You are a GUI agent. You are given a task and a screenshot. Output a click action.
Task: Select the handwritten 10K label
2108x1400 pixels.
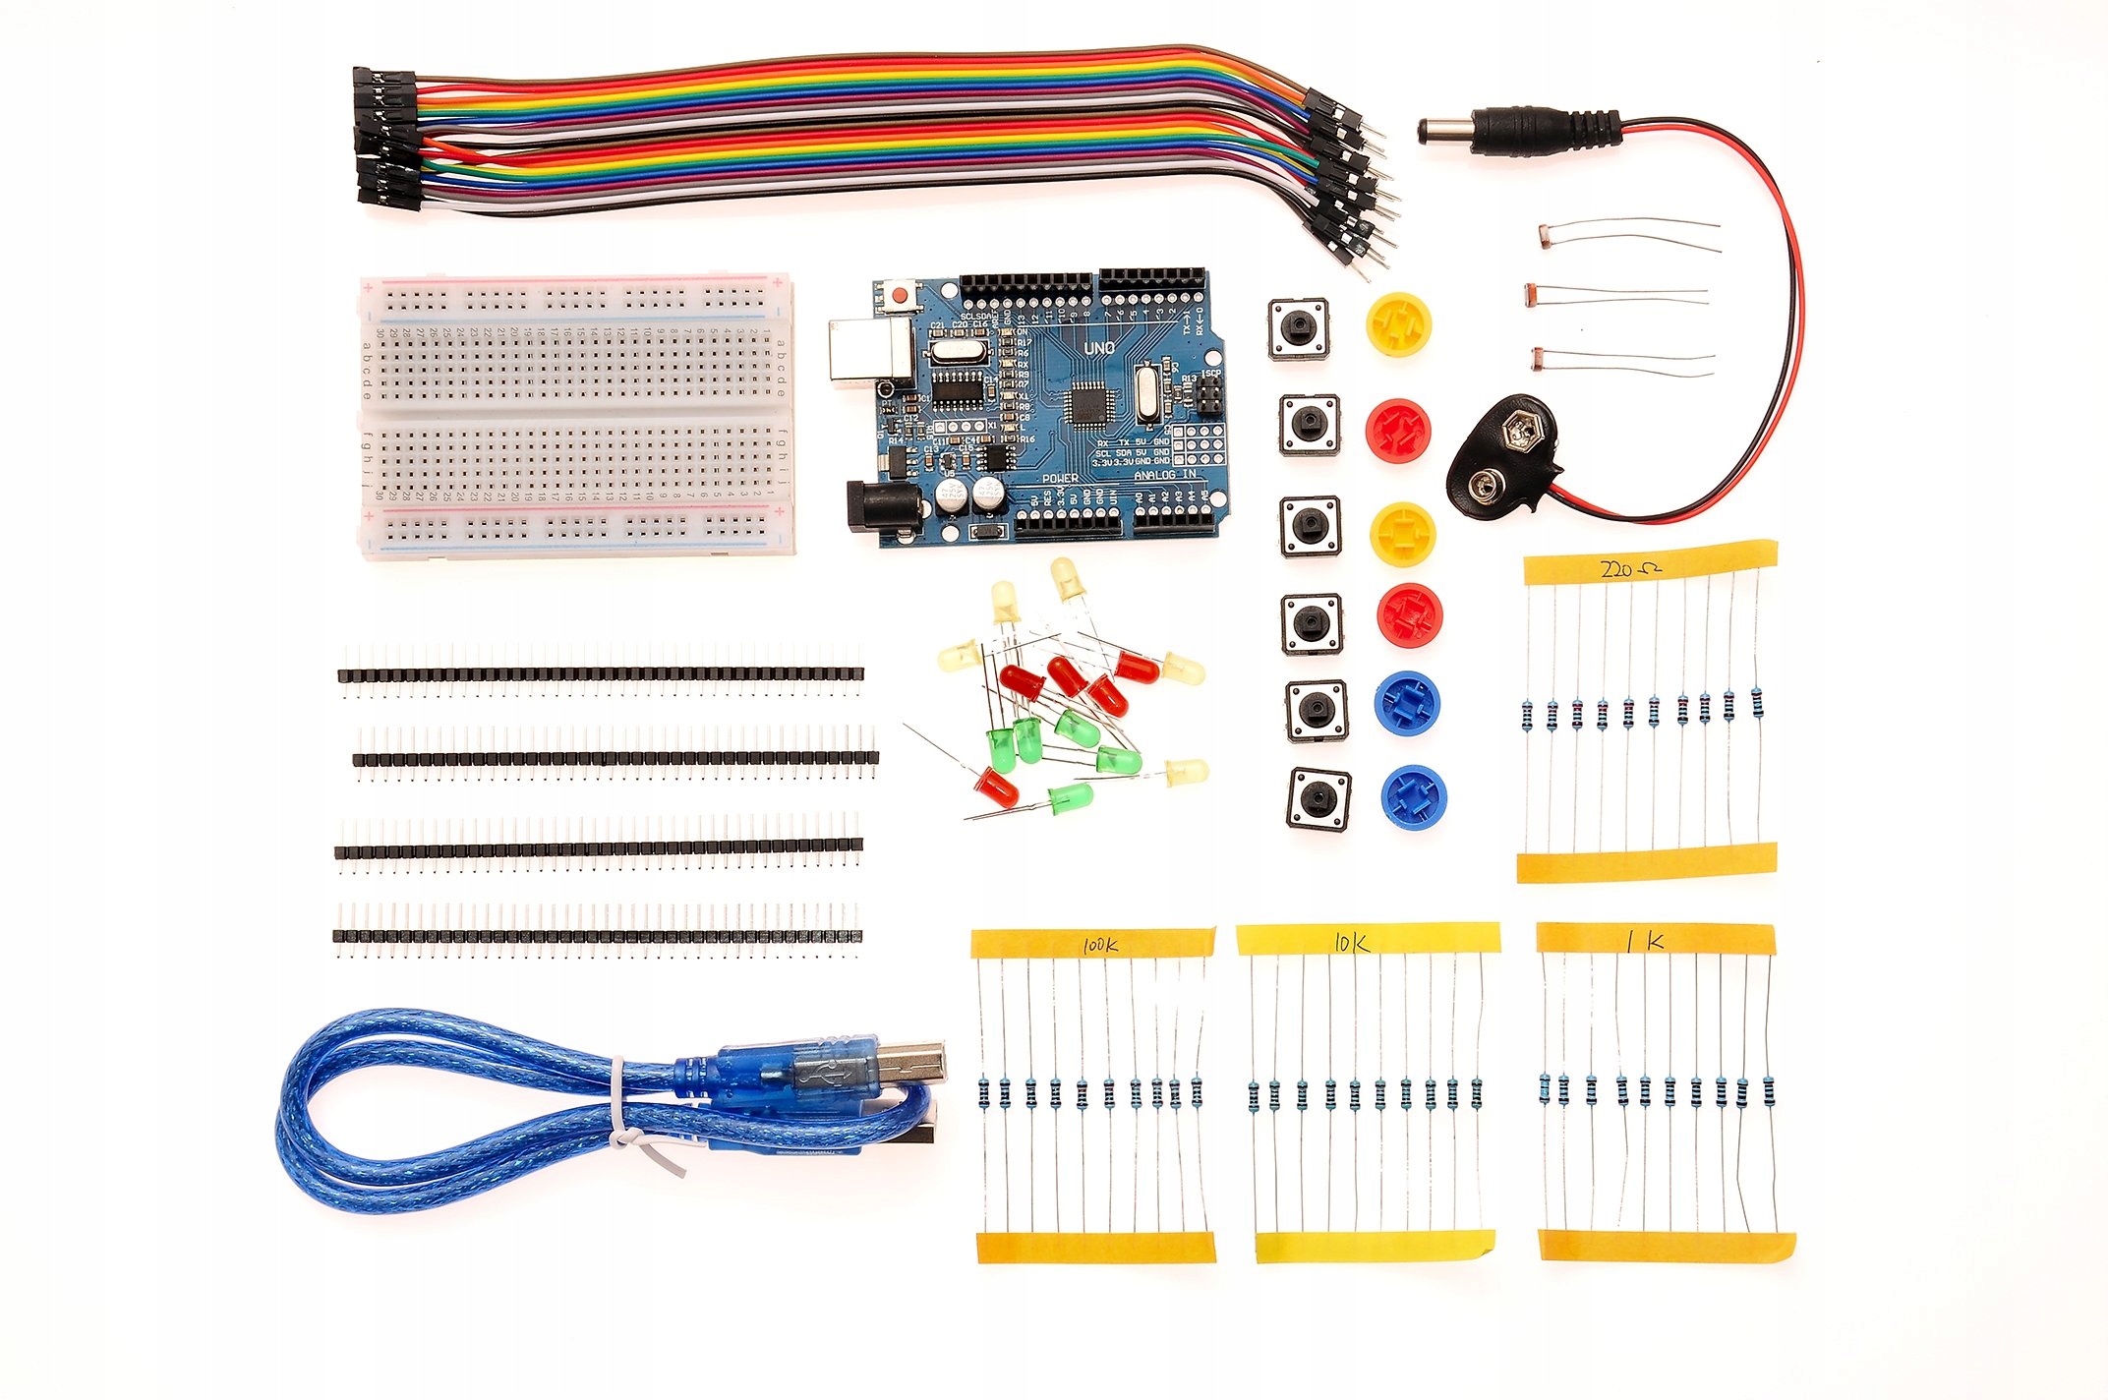pyautogui.click(x=1351, y=943)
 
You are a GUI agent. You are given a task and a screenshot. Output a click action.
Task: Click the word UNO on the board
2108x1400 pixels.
pyautogui.click(x=1098, y=348)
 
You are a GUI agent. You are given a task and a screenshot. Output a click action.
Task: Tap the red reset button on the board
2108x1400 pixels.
pyautogui.click(x=899, y=293)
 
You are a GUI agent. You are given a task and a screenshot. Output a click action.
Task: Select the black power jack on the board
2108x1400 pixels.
pyautogui.click(x=880, y=505)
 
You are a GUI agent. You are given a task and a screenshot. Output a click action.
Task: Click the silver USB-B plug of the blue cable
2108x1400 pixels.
pyautogui.click(x=909, y=1064)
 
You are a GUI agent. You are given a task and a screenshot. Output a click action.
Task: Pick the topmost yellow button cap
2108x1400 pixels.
pyautogui.click(x=1398, y=323)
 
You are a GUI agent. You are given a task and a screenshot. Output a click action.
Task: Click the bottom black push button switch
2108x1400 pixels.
pyautogui.click(x=1317, y=797)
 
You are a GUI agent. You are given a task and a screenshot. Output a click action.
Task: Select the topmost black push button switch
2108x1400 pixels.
pyautogui.click(x=1299, y=328)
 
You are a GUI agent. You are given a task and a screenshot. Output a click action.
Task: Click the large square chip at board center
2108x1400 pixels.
pyautogui.click(x=1089, y=404)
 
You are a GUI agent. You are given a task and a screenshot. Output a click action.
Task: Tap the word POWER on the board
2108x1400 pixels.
pyautogui.click(x=1059, y=479)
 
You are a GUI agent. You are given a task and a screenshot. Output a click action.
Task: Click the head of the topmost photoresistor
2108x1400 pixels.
pyautogui.click(x=1547, y=235)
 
